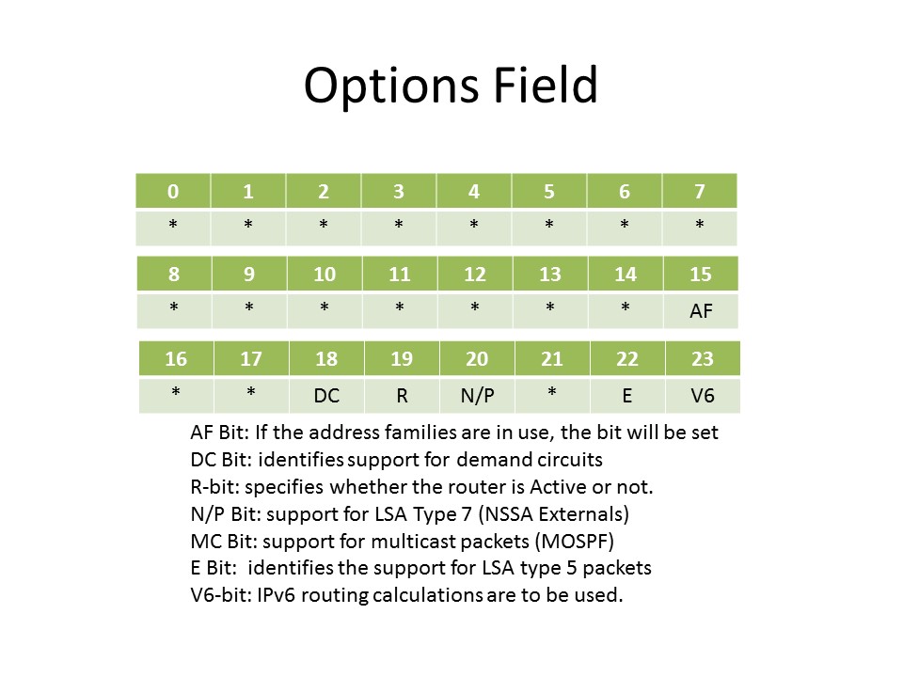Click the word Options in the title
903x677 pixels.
[x=391, y=87]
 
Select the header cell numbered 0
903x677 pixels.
[x=173, y=191]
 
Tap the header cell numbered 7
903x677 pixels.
[x=700, y=191]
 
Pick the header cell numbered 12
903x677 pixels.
[x=475, y=274]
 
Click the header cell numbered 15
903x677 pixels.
[x=701, y=274]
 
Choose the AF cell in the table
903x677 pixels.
[x=701, y=311]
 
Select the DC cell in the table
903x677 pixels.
[x=326, y=396]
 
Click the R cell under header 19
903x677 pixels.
[x=402, y=396]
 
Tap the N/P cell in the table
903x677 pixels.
[x=478, y=396]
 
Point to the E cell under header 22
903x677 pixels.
[x=627, y=396]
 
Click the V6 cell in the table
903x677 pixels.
[x=703, y=396]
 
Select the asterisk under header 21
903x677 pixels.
[x=552, y=392]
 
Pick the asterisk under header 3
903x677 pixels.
[x=399, y=224]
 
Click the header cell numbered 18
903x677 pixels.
[x=326, y=358]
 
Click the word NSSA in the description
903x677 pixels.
[x=507, y=513]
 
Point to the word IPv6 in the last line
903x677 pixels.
[x=276, y=594]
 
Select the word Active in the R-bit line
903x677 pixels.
[x=558, y=487]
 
